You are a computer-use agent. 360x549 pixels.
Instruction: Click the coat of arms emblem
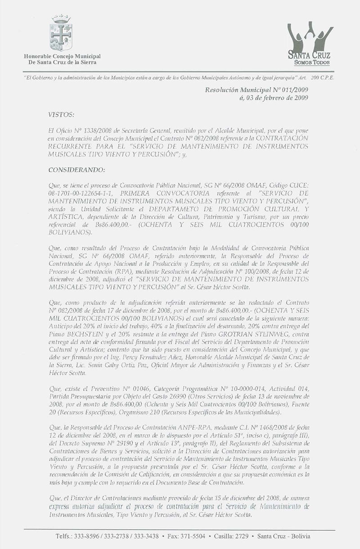pos(62,33)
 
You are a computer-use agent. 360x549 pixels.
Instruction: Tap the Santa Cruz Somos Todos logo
pos(311,45)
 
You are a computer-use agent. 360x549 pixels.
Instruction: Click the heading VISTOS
pos(63,115)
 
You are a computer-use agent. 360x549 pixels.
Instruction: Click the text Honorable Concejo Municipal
pos(62,56)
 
